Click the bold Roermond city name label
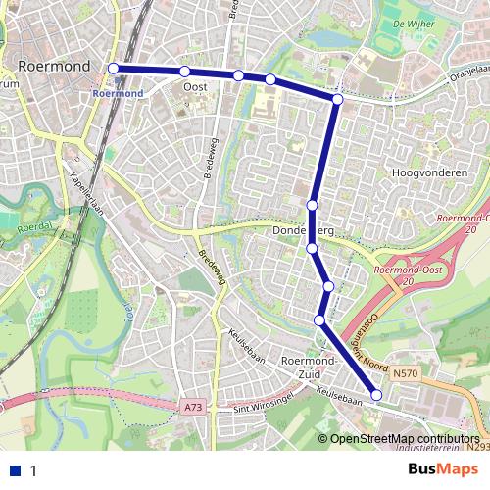(55, 67)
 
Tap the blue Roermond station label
(117, 93)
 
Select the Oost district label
(194, 87)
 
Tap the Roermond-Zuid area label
(309, 368)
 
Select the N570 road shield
(405, 373)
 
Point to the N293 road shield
(478, 447)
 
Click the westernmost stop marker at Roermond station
(114, 68)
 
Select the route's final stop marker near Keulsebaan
(377, 395)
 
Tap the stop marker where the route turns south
(337, 99)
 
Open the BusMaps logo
(443, 470)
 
